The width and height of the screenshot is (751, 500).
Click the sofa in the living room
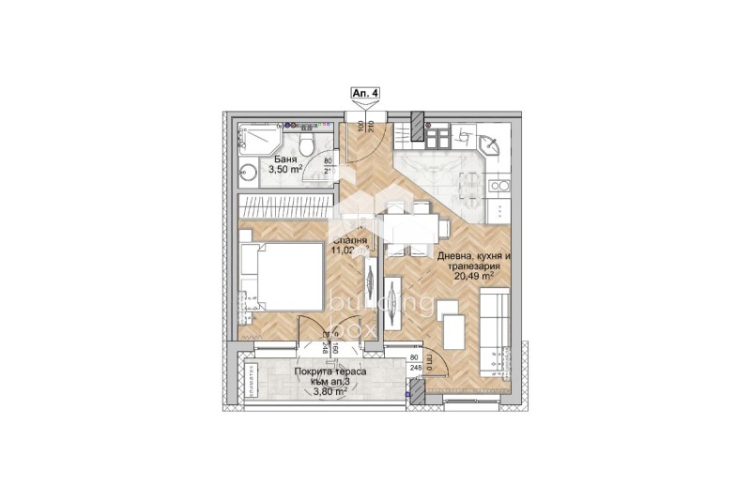click(x=494, y=332)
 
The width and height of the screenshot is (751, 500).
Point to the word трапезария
click(x=473, y=266)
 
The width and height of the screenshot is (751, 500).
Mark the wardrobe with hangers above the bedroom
click(x=287, y=205)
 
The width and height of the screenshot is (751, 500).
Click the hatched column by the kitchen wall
click(x=418, y=123)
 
